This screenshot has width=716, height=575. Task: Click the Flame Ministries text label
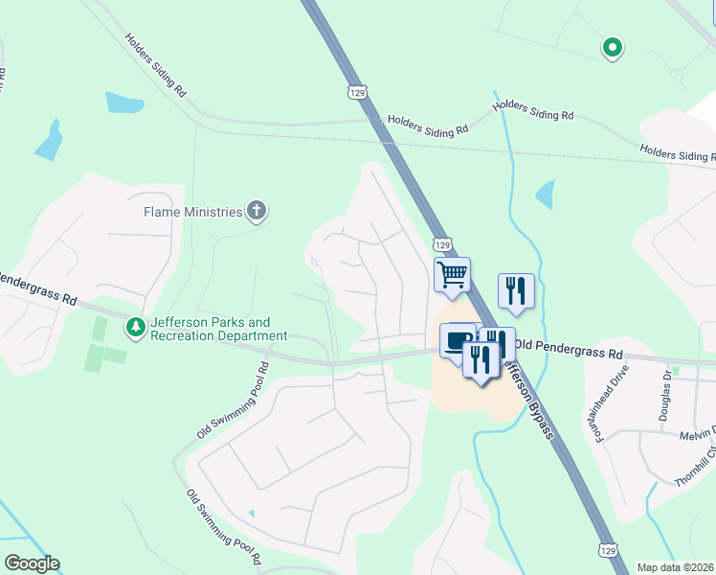(192, 211)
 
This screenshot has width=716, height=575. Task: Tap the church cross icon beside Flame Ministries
(256, 211)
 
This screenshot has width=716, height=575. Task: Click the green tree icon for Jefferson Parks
(136, 328)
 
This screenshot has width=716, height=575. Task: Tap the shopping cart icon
(452, 274)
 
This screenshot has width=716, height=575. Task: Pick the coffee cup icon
(458, 339)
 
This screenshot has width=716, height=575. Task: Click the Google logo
(32, 563)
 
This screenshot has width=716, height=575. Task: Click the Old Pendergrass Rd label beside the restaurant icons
(568, 343)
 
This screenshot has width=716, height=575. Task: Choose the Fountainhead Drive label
(610, 402)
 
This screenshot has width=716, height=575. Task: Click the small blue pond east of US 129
(545, 195)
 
